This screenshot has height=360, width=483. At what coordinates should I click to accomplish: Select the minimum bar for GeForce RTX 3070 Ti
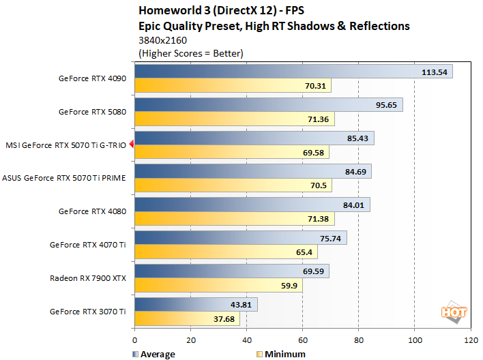pyautogui.click(x=188, y=318)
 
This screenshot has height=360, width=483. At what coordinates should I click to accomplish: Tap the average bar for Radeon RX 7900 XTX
pyautogui.click(x=232, y=271)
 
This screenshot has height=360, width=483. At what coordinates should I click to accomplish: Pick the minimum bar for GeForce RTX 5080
pyautogui.click(x=235, y=119)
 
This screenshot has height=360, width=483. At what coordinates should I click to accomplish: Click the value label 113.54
pyautogui.click(x=434, y=72)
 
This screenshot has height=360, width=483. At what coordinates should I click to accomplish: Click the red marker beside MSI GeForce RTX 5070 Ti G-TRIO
pyautogui.click(x=131, y=145)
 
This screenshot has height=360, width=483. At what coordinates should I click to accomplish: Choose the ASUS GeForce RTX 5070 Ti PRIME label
pyautogui.click(x=64, y=178)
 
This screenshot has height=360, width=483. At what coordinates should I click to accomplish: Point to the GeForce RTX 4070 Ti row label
pyautogui.click(x=88, y=244)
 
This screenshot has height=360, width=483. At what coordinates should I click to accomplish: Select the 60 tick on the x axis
pyautogui.click(x=302, y=340)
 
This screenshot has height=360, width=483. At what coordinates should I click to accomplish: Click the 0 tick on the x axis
pyautogui.click(x=135, y=340)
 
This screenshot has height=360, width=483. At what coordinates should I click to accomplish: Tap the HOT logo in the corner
pyautogui.click(x=454, y=312)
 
